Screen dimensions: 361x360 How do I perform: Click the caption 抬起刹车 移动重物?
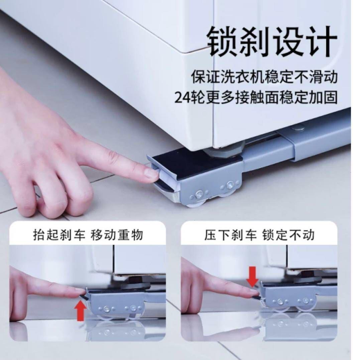pos(88,235)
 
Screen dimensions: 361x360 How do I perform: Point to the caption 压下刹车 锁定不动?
pos(259,235)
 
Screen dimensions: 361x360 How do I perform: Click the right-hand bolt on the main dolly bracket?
pos(229,184)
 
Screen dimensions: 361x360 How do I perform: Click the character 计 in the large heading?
pos(322,41)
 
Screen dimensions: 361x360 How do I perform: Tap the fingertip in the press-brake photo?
pos(254,293)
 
